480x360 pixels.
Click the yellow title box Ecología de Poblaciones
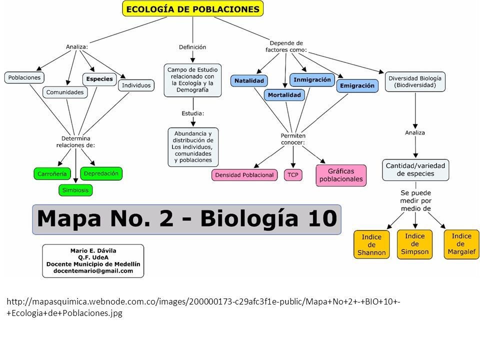pyautogui.click(x=192, y=9)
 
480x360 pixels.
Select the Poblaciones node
pyautogui.click(x=24, y=77)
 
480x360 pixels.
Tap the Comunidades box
pyautogui.click(x=65, y=92)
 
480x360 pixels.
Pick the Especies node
pyautogui.click(x=99, y=79)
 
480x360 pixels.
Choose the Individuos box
pyautogui.click(x=136, y=85)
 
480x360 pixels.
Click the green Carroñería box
pyautogui.click(x=52, y=174)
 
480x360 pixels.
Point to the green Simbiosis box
pyautogui.click(x=75, y=190)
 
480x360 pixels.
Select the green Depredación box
pyautogui.click(x=101, y=173)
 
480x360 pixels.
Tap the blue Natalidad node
pyautogui.click(x=249, y=81)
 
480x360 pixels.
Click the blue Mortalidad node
pyautogui.click(x=284, y=95)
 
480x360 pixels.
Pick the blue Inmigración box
pyautogui.click(x=312, y=80)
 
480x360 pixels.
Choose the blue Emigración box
pyautogui.click(x=357, y=85)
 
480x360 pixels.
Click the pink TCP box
pyautogui.click(x=293, y=175)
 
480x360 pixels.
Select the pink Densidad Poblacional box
pyautogui.click(x=244, y=175)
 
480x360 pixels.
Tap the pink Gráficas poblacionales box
pyautogui.click(x=341, y=175)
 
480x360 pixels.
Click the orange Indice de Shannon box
pyautogui.click(x=371, y=245)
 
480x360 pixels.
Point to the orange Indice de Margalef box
pyautogui.click(x=461, y=244)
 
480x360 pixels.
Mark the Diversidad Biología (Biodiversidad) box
pyautogui.click(x=415, y=81)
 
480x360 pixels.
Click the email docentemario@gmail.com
pyautogui.click(x=93, y=271)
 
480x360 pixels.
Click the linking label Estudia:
pyautogui.click(x=193, y=113)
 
